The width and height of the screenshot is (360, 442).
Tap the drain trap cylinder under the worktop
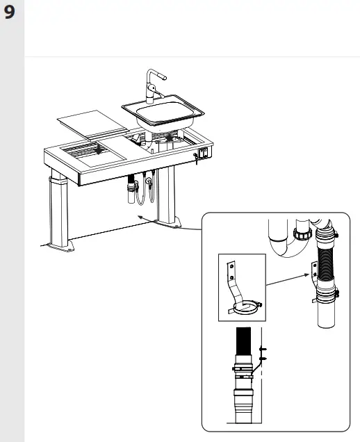point(131,191)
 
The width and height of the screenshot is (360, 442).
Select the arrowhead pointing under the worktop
point(139,218)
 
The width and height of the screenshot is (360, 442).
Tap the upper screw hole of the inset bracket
point(230,263)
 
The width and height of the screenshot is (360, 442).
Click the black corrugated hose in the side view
point(243,343)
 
